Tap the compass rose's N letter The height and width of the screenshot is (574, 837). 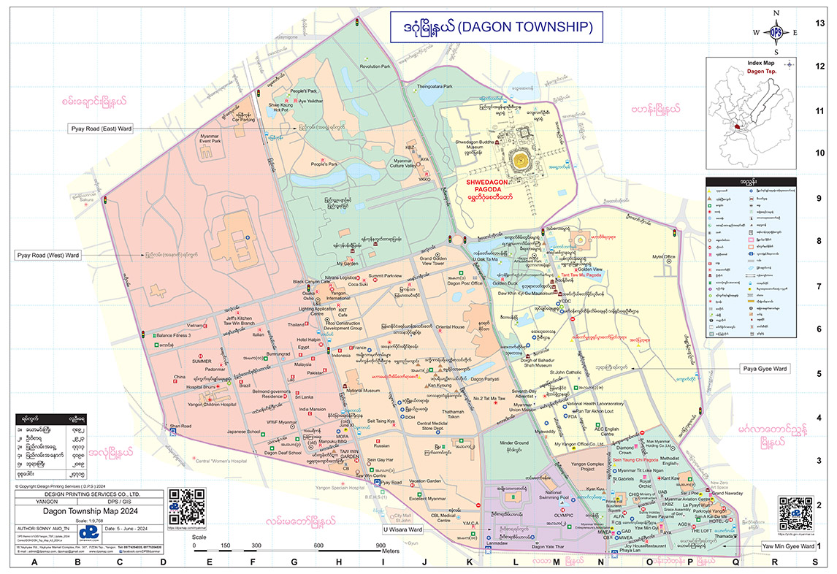click(776, 12)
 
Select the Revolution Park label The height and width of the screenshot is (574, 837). click(375, 66)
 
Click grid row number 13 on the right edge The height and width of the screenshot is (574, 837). click(819, 23)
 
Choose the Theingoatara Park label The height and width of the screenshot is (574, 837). click(435, 87)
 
